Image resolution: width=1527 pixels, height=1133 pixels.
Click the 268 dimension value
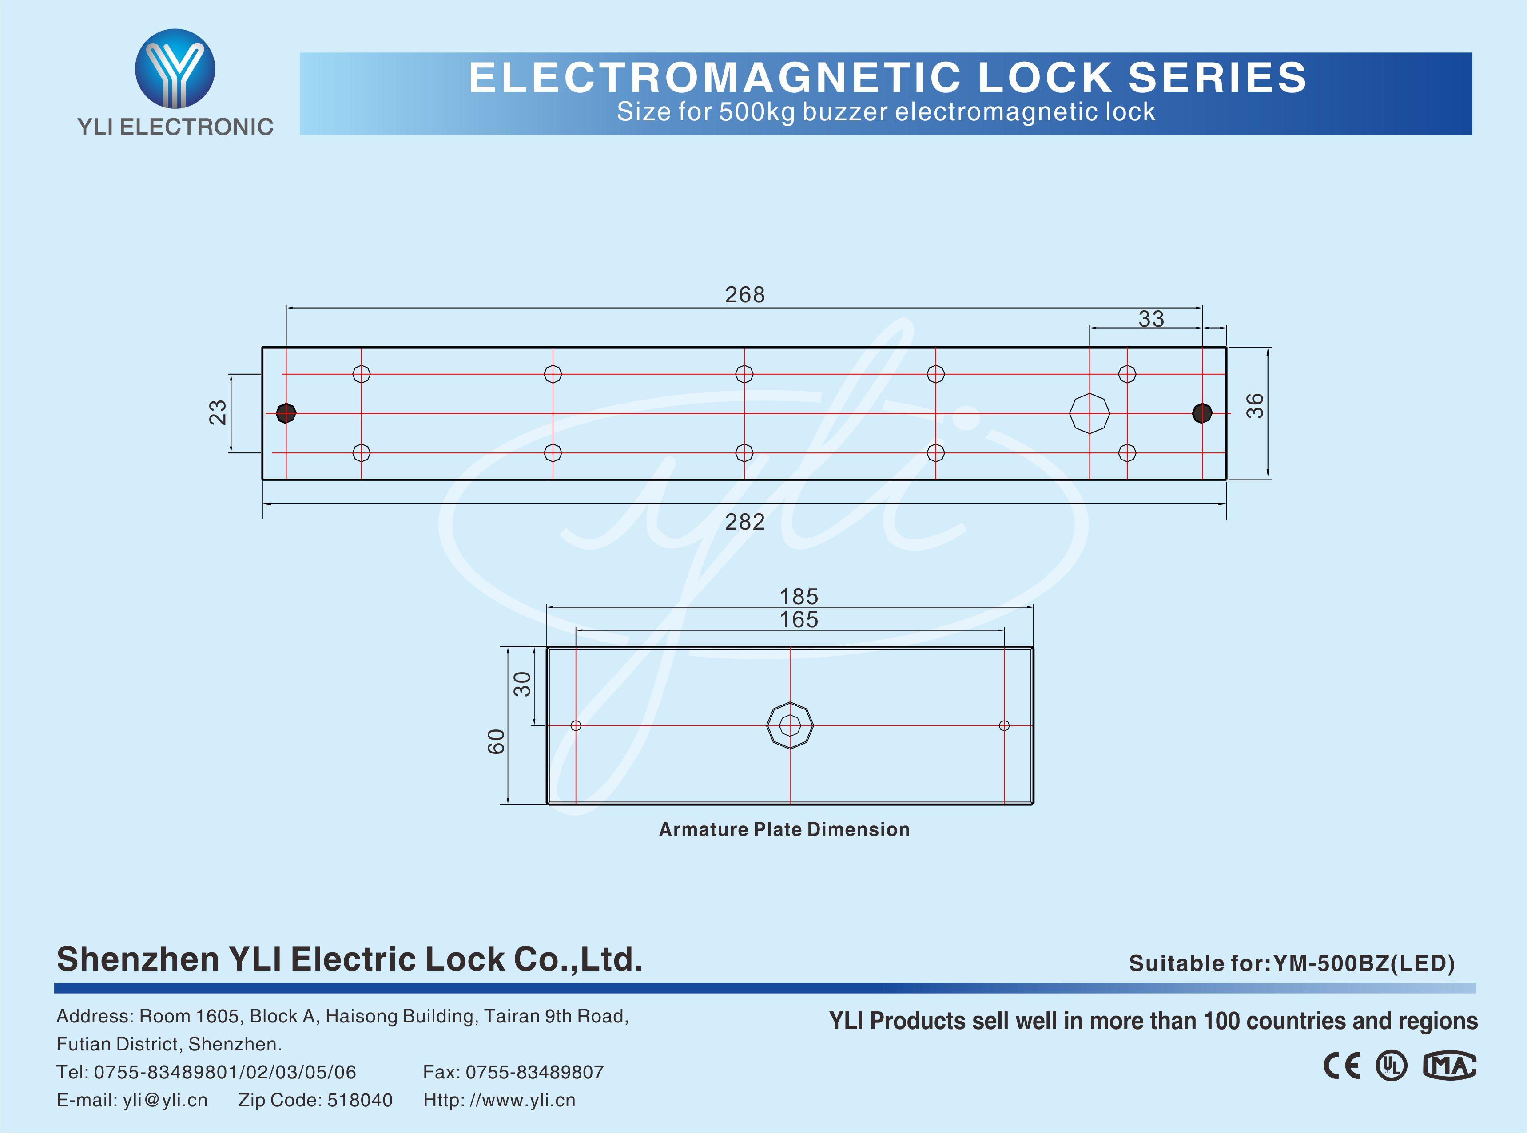[744, 295]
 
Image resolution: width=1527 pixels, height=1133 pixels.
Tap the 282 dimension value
[744, 523]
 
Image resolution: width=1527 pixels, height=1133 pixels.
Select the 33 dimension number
[1151, 319]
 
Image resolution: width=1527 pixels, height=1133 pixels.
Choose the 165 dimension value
[799, 620]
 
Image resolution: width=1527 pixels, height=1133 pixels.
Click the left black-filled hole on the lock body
[286, 413]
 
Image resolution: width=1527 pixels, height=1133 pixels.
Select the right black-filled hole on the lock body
[1202, 413]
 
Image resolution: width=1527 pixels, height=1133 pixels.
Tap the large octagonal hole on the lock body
[1090, 413]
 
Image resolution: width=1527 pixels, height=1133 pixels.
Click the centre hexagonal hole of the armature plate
[790, 725]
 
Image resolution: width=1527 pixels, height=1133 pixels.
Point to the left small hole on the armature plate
[576, 725]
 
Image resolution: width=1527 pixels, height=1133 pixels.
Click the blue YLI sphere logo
[175, 68]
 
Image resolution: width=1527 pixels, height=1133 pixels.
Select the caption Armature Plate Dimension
[784, 830]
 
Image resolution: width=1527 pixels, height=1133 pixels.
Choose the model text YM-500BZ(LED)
[1364, 963]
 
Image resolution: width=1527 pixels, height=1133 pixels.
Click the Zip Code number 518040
[359, 1101]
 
